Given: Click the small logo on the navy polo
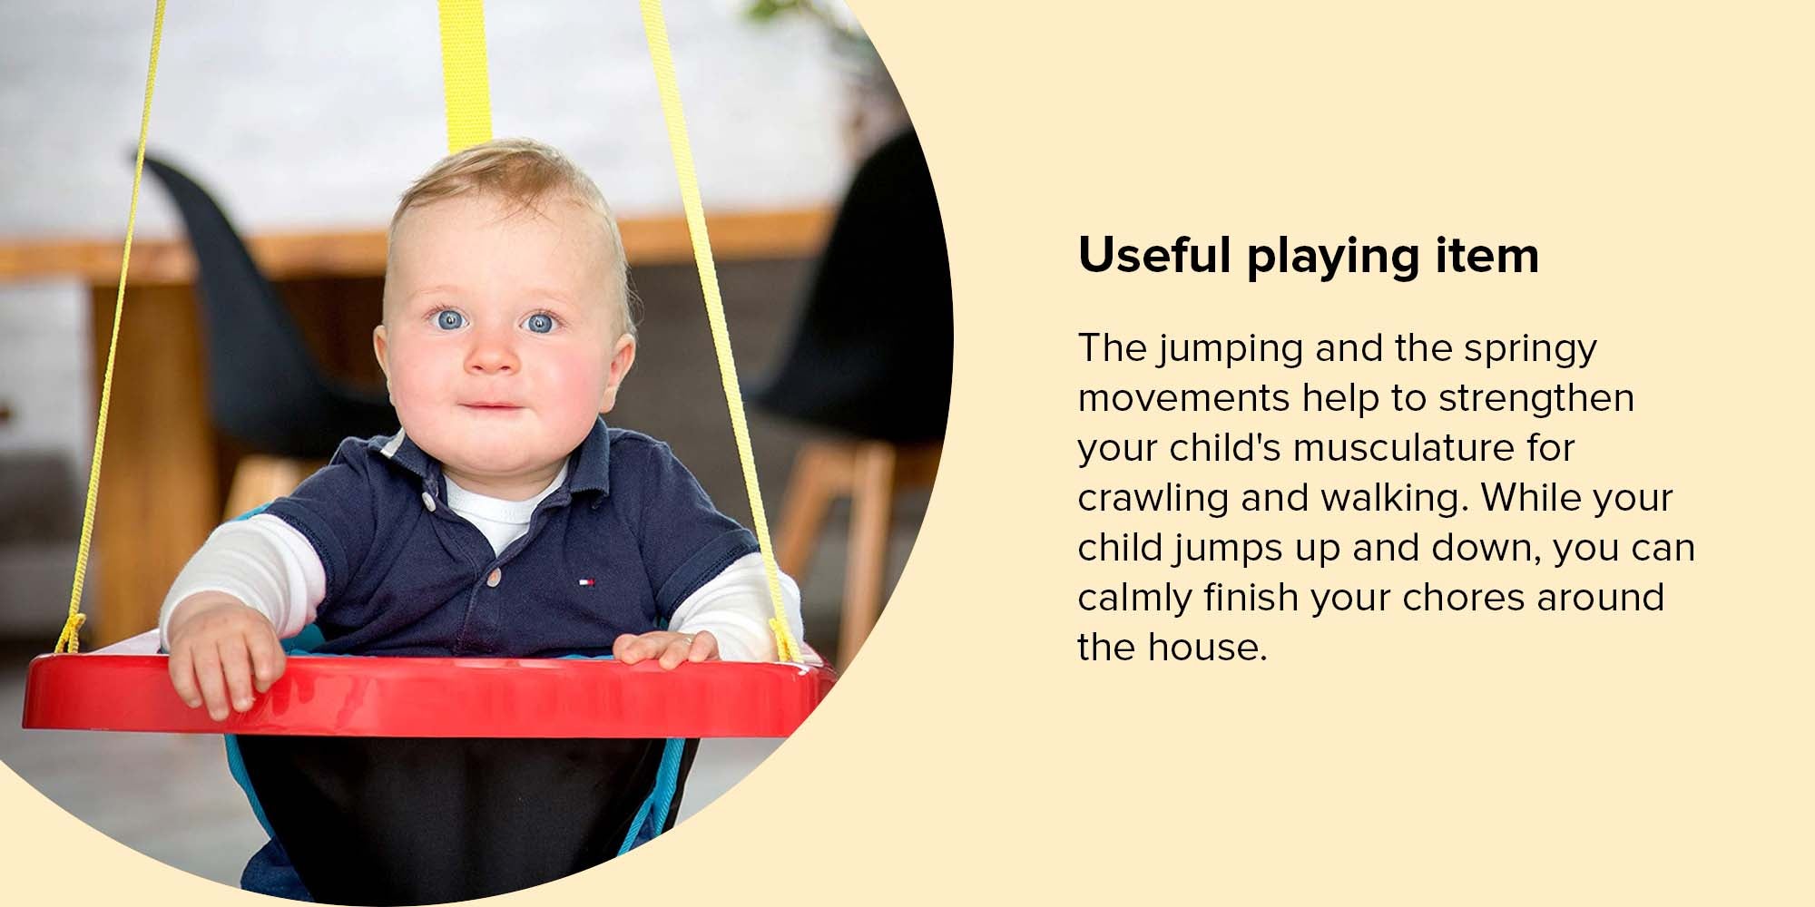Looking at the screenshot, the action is point(587,580).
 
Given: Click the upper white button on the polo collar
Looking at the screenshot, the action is point(427,500).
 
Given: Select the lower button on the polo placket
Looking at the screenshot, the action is point(495,575).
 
